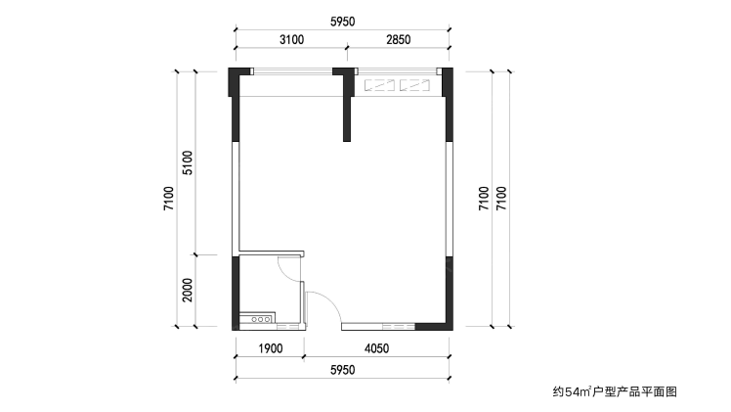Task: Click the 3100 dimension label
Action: (x=292, y=40)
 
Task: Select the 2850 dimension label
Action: (x=398, y=40)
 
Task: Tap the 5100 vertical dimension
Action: (x=188, y=162)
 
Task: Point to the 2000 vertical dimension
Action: (x=188, y=291)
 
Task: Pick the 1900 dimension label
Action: (x=271, y=348)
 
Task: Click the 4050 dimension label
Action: (x=376, y=348)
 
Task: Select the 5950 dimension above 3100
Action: (x=343, y=22)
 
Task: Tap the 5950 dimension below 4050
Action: (x=343, y=370)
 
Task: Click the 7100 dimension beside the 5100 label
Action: (x=169, y=199)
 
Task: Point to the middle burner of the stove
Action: (x=261, y=320)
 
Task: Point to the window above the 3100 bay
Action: (x=293, y=71)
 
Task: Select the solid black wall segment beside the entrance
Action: (x=434, y=326)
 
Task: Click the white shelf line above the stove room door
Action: (x=272, y=253)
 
